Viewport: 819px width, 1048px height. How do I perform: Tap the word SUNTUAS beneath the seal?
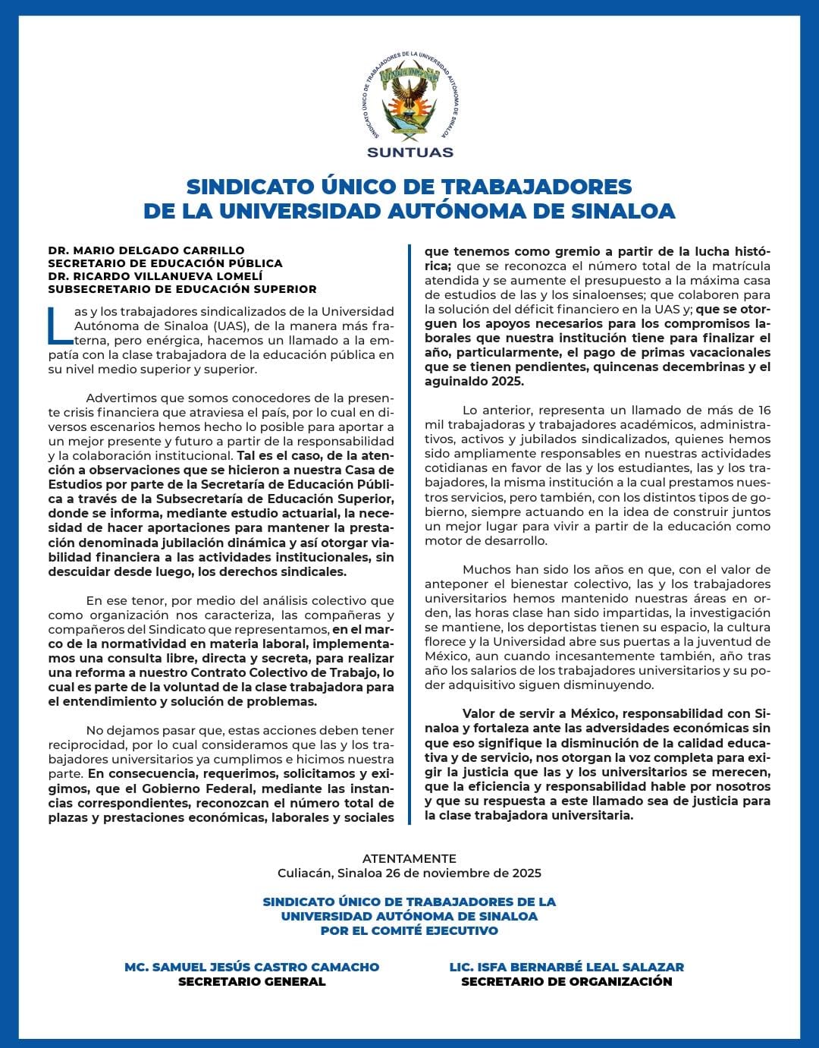coord(409,152)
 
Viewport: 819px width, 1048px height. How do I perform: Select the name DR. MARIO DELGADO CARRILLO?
coord(146,250)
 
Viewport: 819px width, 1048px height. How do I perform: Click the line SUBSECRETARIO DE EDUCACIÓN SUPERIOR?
coord(182,288)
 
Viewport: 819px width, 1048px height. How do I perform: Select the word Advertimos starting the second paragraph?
coord(119,398)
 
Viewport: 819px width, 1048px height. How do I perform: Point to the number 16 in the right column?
coord(762,411)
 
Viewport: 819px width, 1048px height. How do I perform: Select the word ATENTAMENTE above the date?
coord(409,858)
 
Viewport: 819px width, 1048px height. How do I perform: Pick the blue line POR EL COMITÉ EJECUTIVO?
coord(409,930)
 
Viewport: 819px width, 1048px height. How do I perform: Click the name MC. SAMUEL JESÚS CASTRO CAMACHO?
coord(252,967)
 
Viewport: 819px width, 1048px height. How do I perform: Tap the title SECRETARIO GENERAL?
coord(252,981)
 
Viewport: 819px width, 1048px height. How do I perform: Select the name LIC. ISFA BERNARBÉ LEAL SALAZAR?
coord(566,967)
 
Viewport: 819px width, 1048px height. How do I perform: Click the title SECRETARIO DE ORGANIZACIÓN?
coord(566,981)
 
